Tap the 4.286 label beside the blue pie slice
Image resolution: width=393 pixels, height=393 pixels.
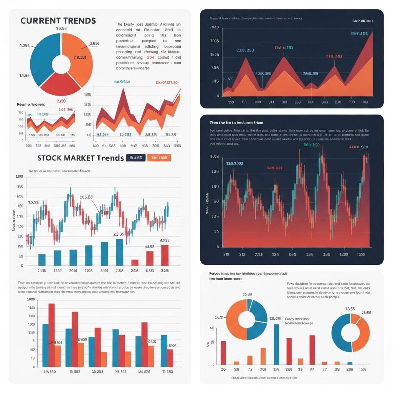[x=24, y=46]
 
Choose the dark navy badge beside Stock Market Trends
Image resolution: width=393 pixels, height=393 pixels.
[x=135, y=158]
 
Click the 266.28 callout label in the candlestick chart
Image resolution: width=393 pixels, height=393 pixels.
[x=86, y=197]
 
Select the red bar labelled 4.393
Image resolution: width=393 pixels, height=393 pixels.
[x=165, y=255]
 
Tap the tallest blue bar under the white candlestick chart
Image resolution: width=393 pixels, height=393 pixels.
[x=119, y=252]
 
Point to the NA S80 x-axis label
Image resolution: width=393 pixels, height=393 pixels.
[x=50, y=372]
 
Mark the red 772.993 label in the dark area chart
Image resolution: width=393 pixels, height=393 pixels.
[x=334, y=57]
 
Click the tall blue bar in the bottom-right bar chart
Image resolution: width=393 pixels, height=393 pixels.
[x=276, y=344]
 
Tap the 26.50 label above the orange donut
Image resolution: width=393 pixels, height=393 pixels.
[x=248, y=294]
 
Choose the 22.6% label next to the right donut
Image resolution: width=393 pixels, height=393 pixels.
[x=367, y=312]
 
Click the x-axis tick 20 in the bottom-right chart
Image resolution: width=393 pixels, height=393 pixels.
[x=223, y=369]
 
